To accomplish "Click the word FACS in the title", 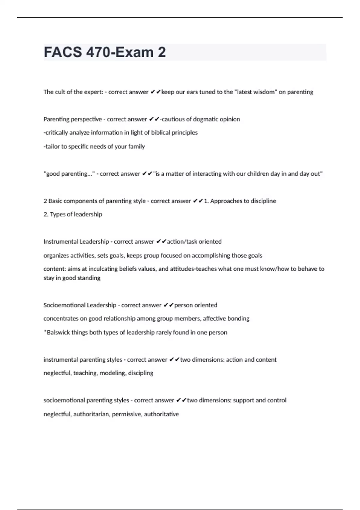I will click(x=62, y=52).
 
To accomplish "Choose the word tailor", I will click(x=52, y=146).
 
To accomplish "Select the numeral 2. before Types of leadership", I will click(x=46, y=214).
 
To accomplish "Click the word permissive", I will click(x=126, y=414).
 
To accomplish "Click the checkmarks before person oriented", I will click(x=169, y=305).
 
